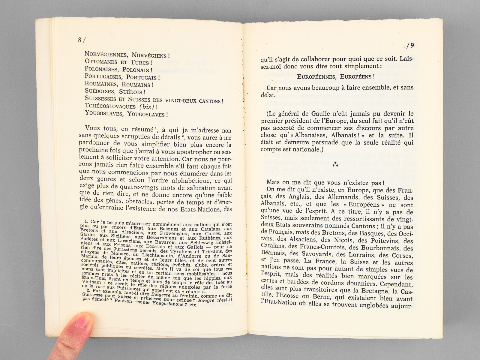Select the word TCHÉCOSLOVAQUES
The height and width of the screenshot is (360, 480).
[x=110, y=106]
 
